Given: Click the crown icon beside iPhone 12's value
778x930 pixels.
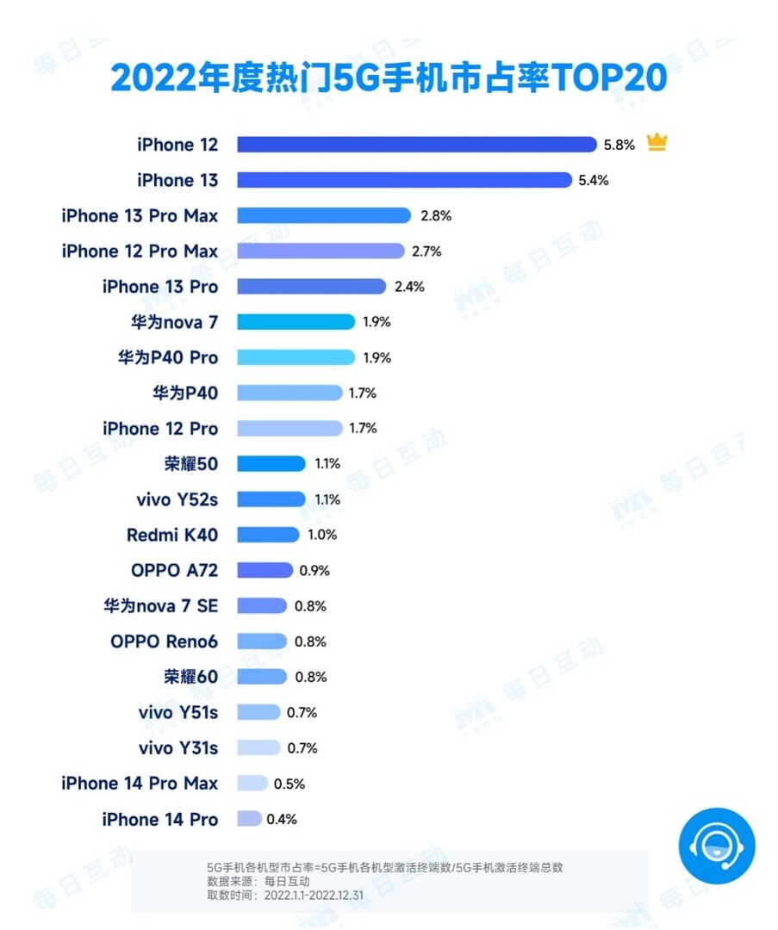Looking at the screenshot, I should pyautogui.click(x=657, y=143).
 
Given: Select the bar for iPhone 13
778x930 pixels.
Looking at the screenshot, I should pyautogui.click(x=404, y=180).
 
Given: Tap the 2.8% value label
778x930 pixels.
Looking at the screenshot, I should pyautogui.click(x=436, y=216).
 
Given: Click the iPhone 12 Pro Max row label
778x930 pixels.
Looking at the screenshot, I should pyautogui.click(x=140, y=251).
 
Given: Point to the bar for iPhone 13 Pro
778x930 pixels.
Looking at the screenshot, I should pyautogui.click(x=311, y=287).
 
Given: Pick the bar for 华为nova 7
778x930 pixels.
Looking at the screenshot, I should pyautogui.click(x=296, y=322).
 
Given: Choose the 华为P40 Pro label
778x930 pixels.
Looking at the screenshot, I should pyautogui.click(x=168, y=357).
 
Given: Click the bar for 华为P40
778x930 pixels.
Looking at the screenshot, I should pyautogui.click(x=289, y=393).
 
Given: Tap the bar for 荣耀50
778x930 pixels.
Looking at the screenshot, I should pyautogui.click(x=271, y=463).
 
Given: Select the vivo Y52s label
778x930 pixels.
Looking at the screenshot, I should pyautogui.click(x=178, y=499).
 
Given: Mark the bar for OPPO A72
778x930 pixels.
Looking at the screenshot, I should pyautogui.click(x=265, y=570).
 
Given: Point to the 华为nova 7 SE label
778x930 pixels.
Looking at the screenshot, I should pyautogui.click(x=160, y=606).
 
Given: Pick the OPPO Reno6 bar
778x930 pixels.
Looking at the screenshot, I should pyautogui.click(x=262, y=642).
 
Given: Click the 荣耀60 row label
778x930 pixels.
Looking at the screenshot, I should pyautogui.click(x=190, y=677).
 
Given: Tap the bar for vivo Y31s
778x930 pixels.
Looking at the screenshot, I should pyautogui.click(x=258, y=747).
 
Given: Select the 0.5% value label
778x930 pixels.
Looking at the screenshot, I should pyautogui.click(x=289, y=784).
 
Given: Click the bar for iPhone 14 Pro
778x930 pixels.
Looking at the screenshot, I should pyautogui.click(x=249, y=819).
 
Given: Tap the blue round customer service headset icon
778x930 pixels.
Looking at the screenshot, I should pyautogui.click(x=716, y=846).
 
